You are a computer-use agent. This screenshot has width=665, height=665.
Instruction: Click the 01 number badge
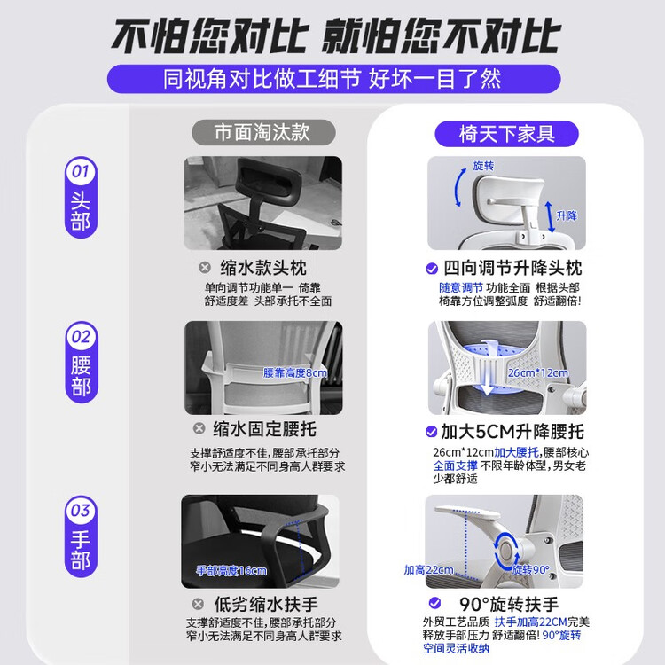81,171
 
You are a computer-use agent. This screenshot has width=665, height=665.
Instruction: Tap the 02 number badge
81,337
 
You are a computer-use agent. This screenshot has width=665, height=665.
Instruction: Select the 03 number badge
81,510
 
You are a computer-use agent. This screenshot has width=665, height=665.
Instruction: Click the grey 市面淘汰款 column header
263,132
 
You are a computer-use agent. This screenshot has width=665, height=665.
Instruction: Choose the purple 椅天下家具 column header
507,134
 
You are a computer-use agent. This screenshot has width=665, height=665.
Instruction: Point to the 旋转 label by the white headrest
483,166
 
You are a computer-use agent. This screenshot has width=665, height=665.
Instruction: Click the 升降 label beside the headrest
567,215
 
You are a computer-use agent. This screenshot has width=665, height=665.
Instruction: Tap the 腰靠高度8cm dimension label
295,372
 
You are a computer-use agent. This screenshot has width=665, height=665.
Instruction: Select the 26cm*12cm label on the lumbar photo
538,372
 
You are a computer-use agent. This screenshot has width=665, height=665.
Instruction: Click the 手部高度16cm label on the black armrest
231,570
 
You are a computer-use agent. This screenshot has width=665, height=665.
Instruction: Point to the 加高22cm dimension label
428,569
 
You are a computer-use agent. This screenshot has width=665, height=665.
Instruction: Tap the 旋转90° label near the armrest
530,569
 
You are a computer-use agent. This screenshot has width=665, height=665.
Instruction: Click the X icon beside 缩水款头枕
205,267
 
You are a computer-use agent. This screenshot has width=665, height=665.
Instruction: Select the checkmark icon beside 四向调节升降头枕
432,269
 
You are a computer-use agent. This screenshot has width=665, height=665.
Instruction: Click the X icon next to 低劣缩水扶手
198,604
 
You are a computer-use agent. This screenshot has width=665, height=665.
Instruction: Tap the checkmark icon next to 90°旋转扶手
434,603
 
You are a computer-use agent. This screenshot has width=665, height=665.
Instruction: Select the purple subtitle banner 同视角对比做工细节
333,79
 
